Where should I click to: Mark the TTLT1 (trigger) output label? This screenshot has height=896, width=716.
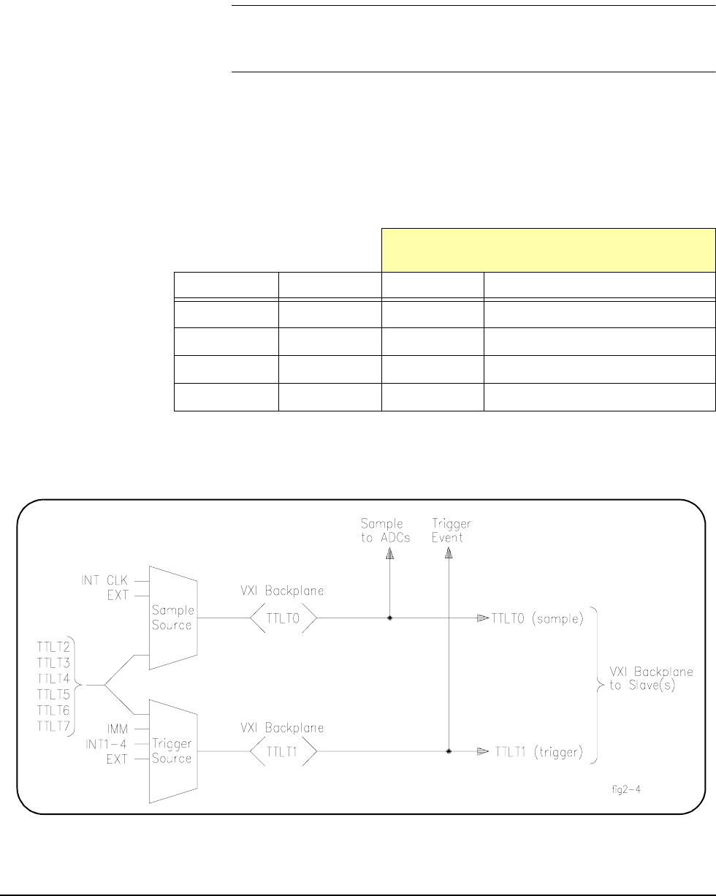tap(538, 751)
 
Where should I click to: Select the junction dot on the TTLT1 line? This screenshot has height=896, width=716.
tap(449, 751)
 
